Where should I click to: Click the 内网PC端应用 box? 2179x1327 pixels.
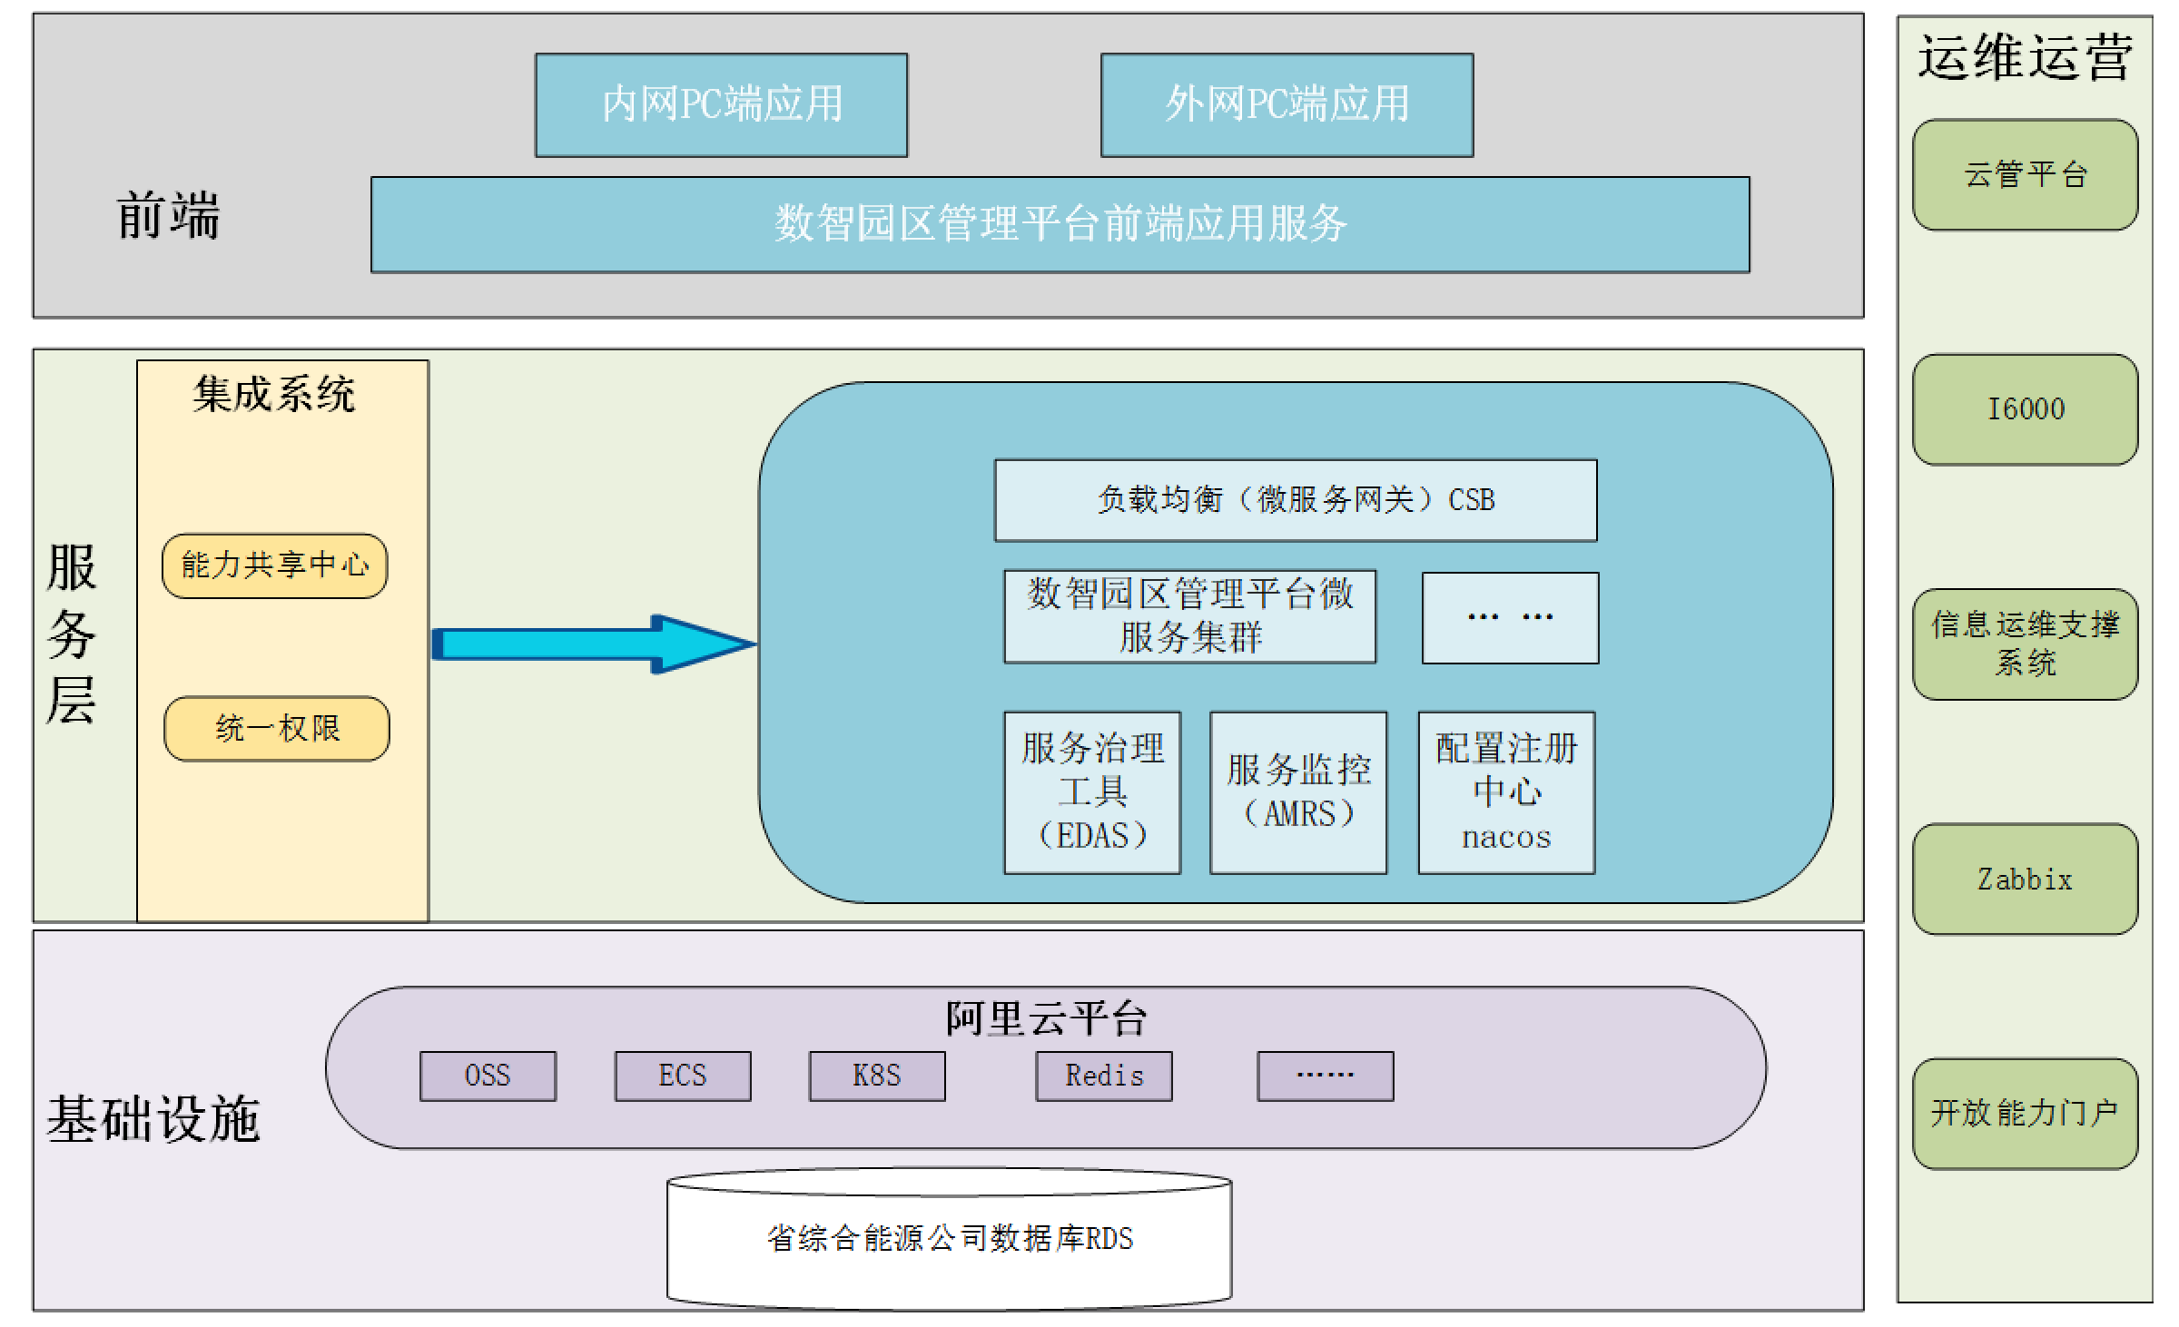[x=721, y=104]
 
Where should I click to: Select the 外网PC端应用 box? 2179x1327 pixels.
[x=1287, y=104]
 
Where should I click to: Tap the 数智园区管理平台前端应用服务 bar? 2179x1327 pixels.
[x=1060, y=224]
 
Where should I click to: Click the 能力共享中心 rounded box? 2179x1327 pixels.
[x=274, y=565]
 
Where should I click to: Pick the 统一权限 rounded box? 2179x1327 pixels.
[x=276, y=728]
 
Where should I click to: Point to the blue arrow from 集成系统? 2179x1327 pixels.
[x=590, y=644]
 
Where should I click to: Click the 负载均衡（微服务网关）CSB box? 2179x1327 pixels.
[x=1296, y=500]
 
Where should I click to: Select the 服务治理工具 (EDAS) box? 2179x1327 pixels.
[x=1092, y=792]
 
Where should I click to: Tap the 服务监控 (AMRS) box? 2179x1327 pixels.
[x=1298, y=792]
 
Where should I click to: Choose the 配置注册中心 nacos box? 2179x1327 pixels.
[x=1506, y=792]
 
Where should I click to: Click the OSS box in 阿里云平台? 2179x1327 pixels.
[x=488, y=1076]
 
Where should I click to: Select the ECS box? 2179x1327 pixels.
[x=683, y=1076]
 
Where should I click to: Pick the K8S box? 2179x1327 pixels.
[x=877, y=1076]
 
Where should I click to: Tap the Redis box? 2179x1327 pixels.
[x=1104, y=1076]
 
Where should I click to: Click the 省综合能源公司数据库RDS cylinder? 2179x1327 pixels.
[x=950, y=1240]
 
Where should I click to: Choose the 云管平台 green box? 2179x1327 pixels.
[x=2025, y=174]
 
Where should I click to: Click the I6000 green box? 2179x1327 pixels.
[x=2025, y=409]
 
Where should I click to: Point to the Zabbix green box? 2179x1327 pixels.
[x=2025, y=879]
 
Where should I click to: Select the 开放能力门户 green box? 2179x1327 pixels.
[x=2025, y=1113]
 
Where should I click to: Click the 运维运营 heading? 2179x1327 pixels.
[x=2025, y=58]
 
